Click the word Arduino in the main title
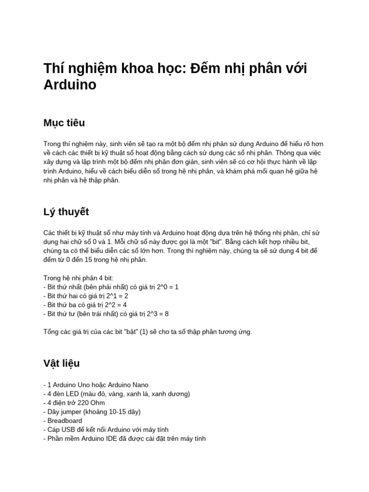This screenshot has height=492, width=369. click(x=70, y=85)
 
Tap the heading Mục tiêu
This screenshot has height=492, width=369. click(x=64, y=123)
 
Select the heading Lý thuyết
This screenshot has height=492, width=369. click(x=66, y=212)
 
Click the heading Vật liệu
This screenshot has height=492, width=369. click(x=61, y=363)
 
